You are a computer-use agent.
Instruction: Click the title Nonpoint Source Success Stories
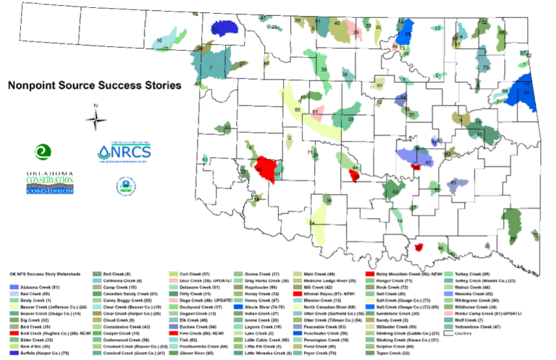click(x=94, y=85)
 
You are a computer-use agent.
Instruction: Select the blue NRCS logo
click(x=125, y=153)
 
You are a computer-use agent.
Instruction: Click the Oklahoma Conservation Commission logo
click(x=50, y=183)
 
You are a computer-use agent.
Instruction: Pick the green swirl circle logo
click(x=43, y=151)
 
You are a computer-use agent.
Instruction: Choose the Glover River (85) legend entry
click(x=192, y=353)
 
